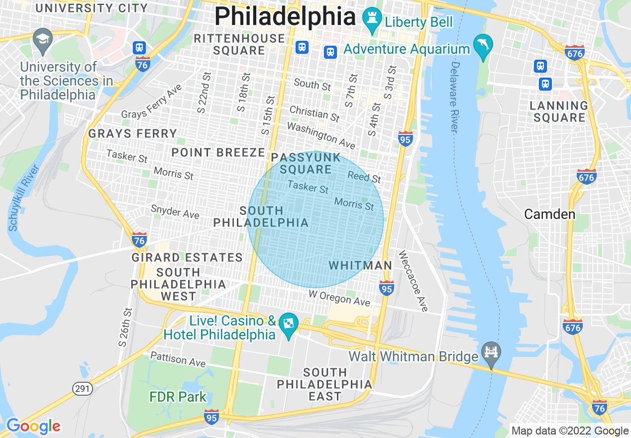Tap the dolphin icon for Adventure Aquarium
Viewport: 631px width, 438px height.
[x=483, y=45]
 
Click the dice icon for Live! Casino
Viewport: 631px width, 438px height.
[x=288, y=324]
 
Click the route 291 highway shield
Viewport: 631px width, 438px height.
[x=83, y=388]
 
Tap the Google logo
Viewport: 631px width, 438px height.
[x=33, y=426]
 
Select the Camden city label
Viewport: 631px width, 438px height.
[x=549, y=215]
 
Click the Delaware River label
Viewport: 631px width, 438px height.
[x=454, y=97]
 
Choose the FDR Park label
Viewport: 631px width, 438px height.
[x=178, y=397]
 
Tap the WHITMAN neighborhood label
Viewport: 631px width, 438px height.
[x=360, y=266]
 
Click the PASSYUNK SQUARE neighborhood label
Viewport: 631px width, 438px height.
[x=306, y=164]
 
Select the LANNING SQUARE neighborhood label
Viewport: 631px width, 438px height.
[x=559, y=111]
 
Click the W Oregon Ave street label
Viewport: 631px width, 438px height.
[x=339, y=298]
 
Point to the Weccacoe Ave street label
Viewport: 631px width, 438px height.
[x=413, y=281]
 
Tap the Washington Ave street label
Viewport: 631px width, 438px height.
[x=321, y=135]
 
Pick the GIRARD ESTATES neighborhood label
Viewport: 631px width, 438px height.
[x=187, y=257]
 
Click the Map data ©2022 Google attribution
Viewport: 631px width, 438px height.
[x=570, y=431]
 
